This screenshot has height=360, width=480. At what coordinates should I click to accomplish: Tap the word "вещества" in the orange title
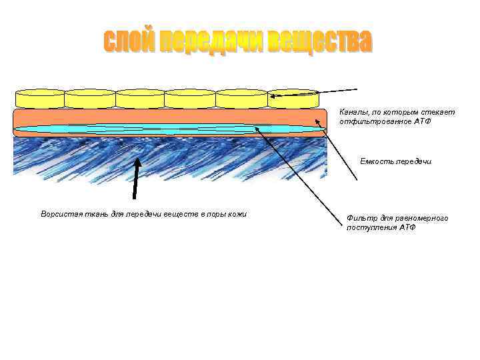[x=320, y=42]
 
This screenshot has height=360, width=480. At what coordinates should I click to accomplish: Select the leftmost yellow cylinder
[x=39, y=99]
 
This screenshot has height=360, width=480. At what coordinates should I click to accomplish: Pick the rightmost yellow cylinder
[x=294, y=99]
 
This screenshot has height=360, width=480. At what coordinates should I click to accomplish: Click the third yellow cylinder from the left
[x=140, y=99]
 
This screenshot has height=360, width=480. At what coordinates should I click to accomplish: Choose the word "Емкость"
[x=377, y=161]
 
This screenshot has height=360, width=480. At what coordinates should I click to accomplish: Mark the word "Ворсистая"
[x=59, y=214]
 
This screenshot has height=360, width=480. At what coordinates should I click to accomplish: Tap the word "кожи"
[x=238, y=214]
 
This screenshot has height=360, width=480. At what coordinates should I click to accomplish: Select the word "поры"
[x=214, y=214]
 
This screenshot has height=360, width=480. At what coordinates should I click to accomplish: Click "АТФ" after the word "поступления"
[x=407, y=227]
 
